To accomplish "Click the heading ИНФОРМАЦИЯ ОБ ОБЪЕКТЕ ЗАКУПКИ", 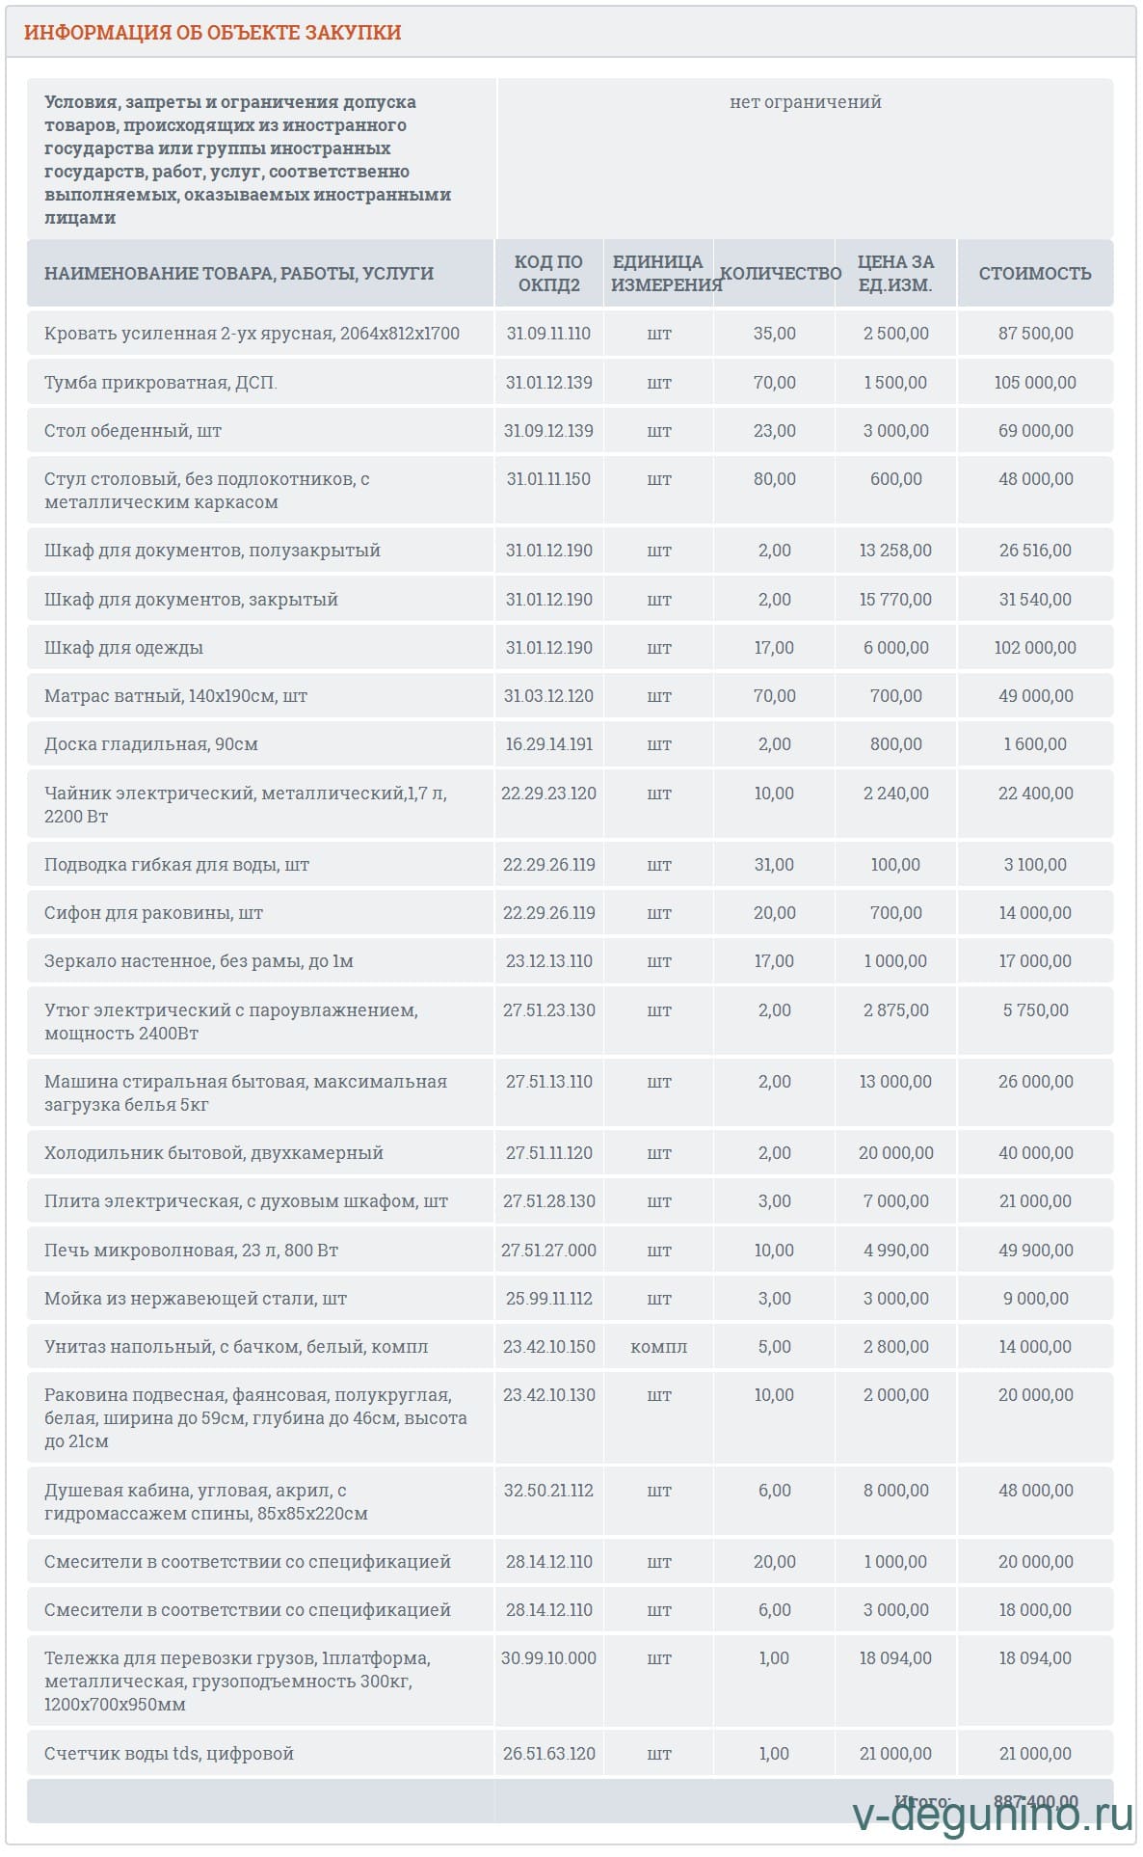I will click(x=212, y=33).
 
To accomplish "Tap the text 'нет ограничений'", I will click(x=805, y=102).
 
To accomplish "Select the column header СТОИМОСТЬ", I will click(x=1035, y=274).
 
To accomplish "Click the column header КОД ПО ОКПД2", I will click(x=548, y=274).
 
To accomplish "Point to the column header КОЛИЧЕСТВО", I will click(x=781, y=274).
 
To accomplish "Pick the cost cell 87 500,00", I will click(x=1035, y=334).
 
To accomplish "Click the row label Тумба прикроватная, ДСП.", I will click(x=160, y=383).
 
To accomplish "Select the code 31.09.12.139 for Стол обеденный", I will click(x=548, y=431).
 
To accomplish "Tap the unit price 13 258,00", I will click(x=895, y=551).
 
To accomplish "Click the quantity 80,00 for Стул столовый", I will click(x=774, y=479).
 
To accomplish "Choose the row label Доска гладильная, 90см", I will click(x=151, y=744).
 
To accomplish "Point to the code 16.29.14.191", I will click(x=548, y=744).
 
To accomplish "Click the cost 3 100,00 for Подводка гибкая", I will click(x=1035, y=865).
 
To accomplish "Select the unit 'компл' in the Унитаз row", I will click(x=659, y=1347).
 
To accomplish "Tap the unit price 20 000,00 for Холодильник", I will click(x=895, y=1153).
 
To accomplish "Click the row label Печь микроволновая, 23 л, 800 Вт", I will click(x=191, y=1251).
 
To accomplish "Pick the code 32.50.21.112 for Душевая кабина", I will click(x=548, y=1491).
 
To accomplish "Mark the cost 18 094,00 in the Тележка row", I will click(x=1035, y=1658).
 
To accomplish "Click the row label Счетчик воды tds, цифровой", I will click(x=169, y=1754).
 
